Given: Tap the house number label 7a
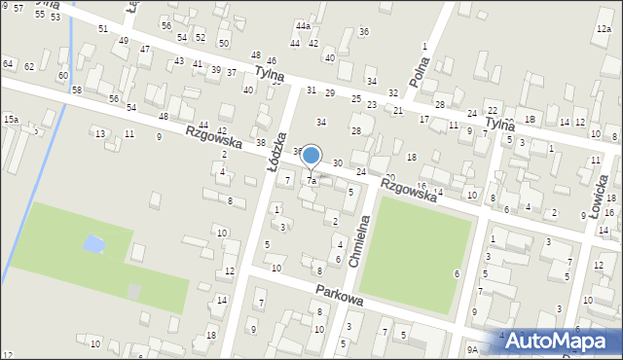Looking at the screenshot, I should click(311, 181).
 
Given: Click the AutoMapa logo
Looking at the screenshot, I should click(556, 341).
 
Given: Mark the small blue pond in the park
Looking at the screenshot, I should click(93, 243).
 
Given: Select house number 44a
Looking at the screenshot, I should click(304, 25).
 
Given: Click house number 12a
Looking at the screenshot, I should click(604, 29).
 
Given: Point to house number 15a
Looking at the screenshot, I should click(10, 119).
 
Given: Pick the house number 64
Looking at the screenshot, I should click(8, 63).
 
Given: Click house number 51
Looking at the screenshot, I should click(103, 28).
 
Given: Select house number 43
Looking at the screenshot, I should click(178, 60).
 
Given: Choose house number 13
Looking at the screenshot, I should click(99, 133).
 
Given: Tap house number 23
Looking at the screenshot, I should click(371, 104).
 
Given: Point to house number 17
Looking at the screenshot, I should click(423, 119).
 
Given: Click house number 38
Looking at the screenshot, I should click(260, 142).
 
